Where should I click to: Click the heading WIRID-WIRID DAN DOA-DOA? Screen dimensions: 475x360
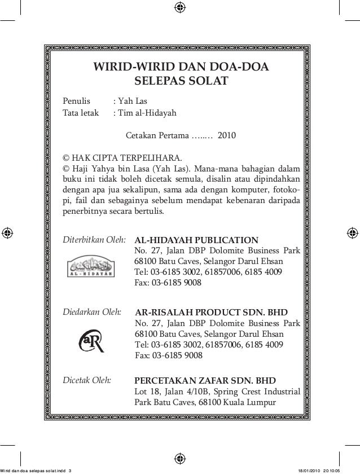pyautogui.click(x=181, y=68)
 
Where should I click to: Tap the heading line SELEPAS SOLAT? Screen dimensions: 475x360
pyautogui.click(x=181, y=82)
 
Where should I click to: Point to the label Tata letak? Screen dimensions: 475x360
pyautogui.click(x=80, y=113)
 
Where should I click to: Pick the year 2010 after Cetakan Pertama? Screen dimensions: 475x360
pyautogui.click(x=227, y=136)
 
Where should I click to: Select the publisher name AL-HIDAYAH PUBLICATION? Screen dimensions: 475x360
pyautogui.click(x=196, y=240)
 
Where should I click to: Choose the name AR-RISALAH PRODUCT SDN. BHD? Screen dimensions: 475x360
pyautogui.click(x=212, y=312)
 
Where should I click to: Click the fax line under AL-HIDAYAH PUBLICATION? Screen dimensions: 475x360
pyautogui.click(x=168, y=283)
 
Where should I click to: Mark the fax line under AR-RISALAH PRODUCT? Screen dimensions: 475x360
pyautogui.click(x=169, y=355)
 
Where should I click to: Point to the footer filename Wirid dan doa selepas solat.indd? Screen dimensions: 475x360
pyautogui.click(x=31, y=470)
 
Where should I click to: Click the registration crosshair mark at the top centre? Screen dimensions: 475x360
pyautogui.click(x=179, y=7)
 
